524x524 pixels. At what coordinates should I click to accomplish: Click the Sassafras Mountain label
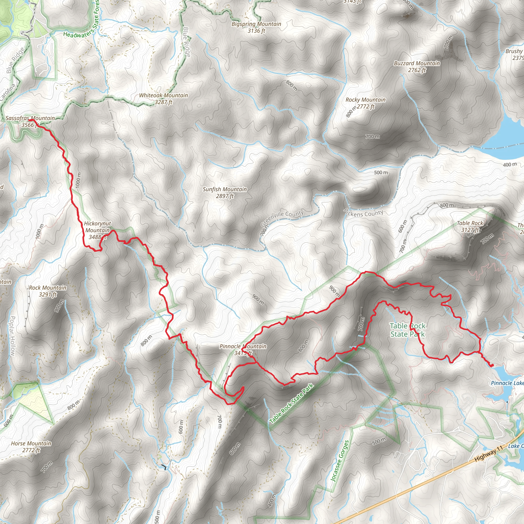[x=30, y=121]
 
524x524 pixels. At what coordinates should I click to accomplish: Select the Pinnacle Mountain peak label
[x=243, y=349]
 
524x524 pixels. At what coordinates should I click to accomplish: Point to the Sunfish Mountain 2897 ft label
[x=225, y=192]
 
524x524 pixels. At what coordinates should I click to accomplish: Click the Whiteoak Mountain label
[x=163, y=99]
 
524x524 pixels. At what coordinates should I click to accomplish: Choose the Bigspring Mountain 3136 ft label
[x=256, y=27]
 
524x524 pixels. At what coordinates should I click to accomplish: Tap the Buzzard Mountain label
[x=417, y=67]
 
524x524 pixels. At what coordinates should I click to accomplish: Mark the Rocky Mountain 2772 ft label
[x=365, y=103]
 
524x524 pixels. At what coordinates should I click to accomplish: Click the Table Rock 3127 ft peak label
[x=470, y=226]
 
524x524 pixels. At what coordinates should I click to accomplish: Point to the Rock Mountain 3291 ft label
[x=48, y=291]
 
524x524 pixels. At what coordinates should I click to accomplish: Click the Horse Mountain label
[x=31, y=446]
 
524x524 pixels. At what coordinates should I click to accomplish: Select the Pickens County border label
[x=363, y=213]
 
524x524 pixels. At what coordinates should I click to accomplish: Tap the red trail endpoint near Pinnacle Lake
[x=492, y=365]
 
